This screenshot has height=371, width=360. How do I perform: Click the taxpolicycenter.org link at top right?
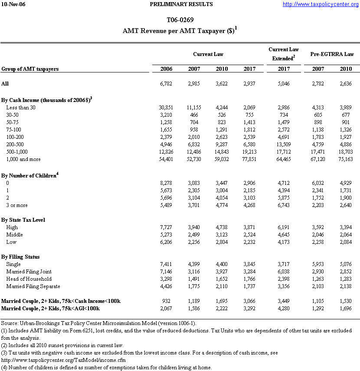(x=321, y=4)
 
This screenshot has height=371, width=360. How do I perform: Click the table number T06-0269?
(x=180, y=20)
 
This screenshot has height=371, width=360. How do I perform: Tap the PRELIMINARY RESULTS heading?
(x=181, y=4)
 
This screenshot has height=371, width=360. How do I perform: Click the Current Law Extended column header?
(x=284, y=54)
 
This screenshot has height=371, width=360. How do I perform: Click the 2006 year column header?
(x=166, y=69)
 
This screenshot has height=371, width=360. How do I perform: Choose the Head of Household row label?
(x=29, y=279)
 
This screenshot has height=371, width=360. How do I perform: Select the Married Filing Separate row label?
(x=33, y=286)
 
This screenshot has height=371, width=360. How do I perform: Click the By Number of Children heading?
(x=29, y=175)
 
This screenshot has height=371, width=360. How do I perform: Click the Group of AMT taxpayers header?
(x=30, y=69)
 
